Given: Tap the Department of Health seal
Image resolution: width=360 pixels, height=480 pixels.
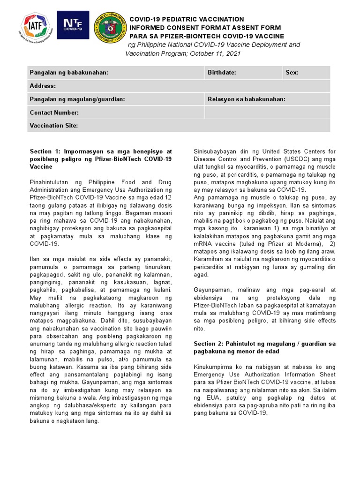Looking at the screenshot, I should click(x=109, y=27).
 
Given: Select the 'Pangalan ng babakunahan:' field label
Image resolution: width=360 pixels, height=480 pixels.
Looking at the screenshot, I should click(x=69, y=73).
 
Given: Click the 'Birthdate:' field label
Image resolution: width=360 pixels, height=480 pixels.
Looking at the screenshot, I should click(x=222, y=73).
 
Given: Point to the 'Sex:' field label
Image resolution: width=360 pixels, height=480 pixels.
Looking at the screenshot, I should click(x=292, y=73).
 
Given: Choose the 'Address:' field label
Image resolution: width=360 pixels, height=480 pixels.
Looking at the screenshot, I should click(x=43, y=86).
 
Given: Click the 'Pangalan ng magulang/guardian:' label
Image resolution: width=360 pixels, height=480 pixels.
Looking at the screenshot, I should click(x=77, y=99).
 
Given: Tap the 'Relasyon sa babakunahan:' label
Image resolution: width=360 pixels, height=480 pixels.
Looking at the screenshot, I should click(x=247, y=99).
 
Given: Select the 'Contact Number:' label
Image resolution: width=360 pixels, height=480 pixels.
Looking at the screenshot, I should click(x=54, y=112).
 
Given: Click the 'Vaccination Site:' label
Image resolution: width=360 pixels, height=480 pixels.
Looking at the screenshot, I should click(x=53, y=126).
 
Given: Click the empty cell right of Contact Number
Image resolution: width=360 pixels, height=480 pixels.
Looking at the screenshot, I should click(x=267, y=112).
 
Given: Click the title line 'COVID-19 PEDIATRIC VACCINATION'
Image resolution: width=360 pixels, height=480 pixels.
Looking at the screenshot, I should click(x=187, y=19).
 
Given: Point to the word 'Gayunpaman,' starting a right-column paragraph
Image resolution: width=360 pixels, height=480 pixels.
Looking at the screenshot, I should click(x=212, y=290).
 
